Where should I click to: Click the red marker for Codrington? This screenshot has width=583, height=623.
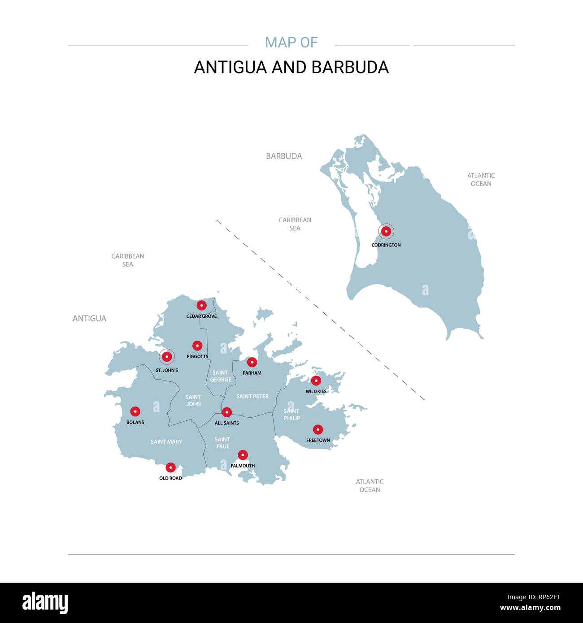(386, 232)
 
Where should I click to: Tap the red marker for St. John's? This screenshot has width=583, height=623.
(167, 357)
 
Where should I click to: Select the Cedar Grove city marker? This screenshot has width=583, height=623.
(202, 305)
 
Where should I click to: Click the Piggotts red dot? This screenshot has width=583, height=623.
(197, 346)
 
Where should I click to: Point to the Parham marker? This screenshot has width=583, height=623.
(252, 362)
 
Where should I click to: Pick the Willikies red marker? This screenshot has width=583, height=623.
(316, 381)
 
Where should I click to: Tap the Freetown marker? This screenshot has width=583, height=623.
(318, 429)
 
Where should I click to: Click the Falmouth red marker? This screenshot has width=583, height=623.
(243, 455)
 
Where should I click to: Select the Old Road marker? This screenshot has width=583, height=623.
(170, 467)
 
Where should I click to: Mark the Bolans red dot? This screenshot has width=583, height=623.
(135, 411)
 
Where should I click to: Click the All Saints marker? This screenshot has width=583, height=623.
(227, 412)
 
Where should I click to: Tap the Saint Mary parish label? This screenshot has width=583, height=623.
(166, 442)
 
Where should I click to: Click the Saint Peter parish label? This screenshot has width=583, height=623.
(252, 397)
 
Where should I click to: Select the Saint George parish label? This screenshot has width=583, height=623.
(221, 376)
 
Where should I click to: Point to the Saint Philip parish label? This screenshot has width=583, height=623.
(291, 415)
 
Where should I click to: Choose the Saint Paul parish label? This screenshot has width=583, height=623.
(222, 443)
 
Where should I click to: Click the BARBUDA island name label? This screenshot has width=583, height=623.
(284, 156)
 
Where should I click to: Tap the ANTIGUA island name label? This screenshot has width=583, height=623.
(89, 319)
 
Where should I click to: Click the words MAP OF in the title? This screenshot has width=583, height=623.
(291, 43)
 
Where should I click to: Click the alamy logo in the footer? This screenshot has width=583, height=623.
(45, 603)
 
